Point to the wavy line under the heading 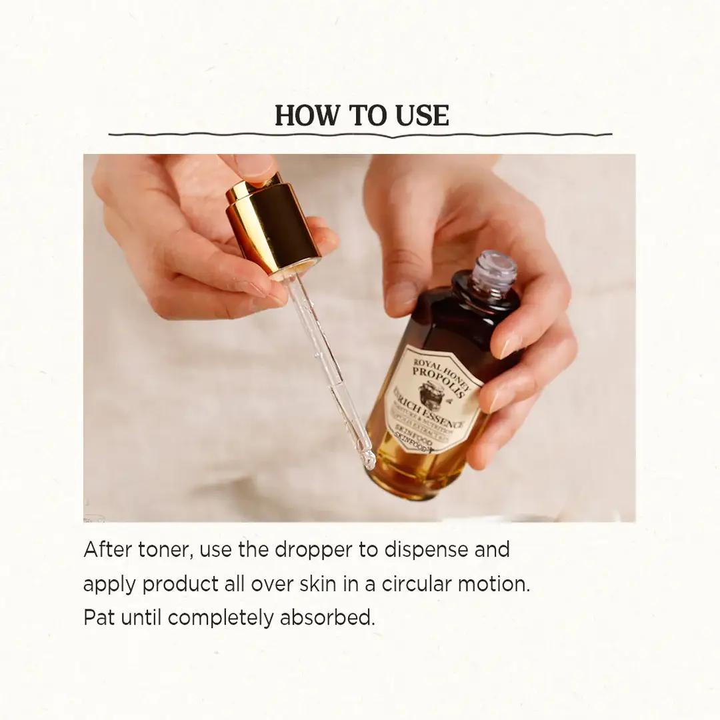click(x=360, y=135)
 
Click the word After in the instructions click(x=106, y=549)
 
